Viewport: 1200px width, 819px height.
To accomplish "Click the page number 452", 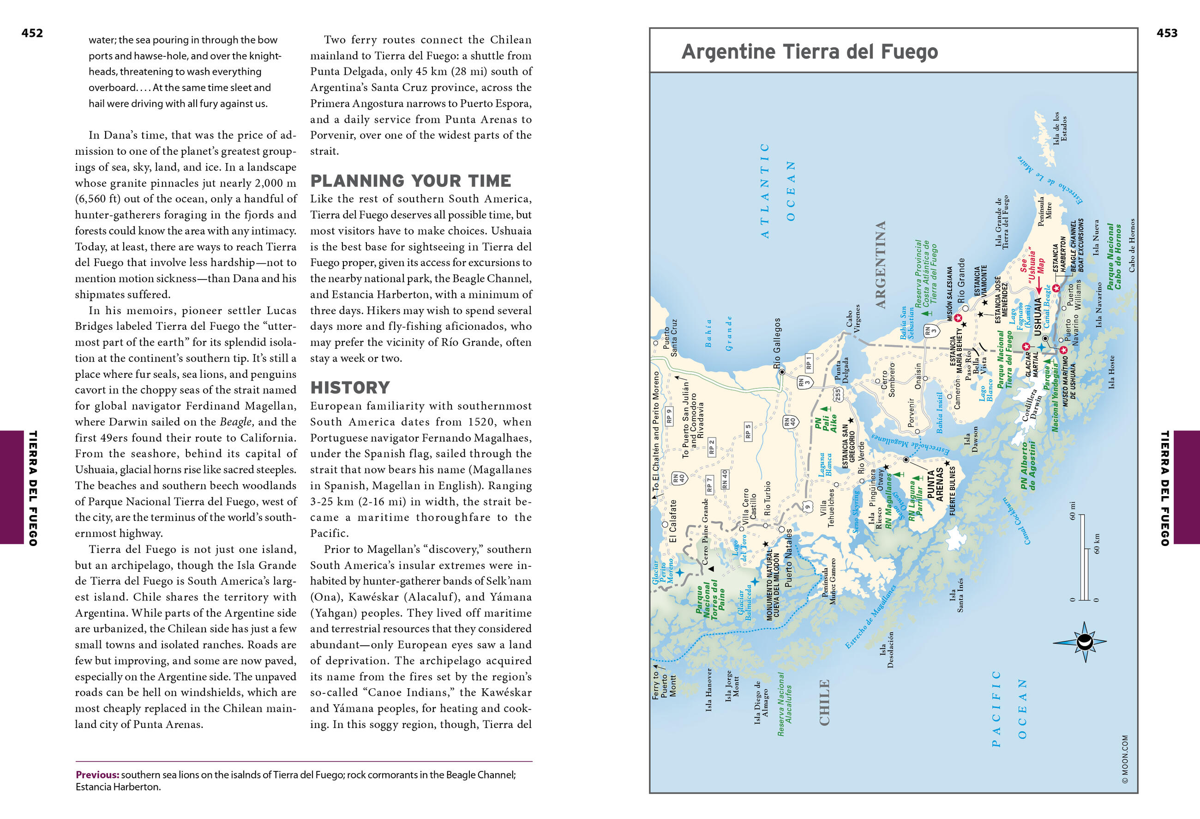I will point(32,33).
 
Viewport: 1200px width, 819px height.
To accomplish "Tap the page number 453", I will point(1167,33).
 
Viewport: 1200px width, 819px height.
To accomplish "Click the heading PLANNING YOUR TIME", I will point(410,181).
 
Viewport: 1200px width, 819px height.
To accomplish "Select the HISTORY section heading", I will point(350,388).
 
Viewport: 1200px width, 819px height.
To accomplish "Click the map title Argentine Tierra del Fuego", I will point(810,52).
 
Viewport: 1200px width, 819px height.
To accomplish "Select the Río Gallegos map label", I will point(777,343).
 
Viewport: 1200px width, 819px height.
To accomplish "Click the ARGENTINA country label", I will point(881,265).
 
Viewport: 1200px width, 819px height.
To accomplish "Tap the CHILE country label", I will point(825,702).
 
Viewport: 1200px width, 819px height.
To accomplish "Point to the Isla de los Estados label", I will point(1060,127).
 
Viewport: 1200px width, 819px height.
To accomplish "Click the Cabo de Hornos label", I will point(1132,245).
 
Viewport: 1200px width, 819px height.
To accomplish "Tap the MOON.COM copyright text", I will point(1125,759).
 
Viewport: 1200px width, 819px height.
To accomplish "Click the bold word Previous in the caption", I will point(97,775).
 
